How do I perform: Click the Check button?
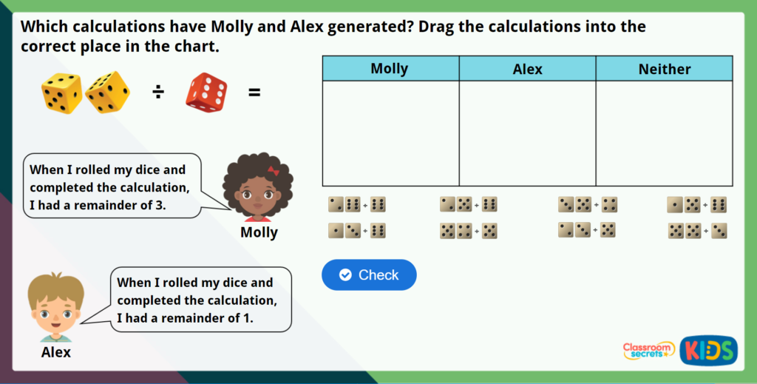[369, 275]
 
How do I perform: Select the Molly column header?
[390, 69]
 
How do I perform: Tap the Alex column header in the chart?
[527, 69]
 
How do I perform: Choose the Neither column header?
[664, 69]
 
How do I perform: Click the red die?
[206, 92]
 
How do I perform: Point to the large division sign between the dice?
[158, 92]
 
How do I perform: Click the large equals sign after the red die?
[254, 92]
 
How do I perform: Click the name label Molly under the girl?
[259, 232]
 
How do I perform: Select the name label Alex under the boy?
[56, 352]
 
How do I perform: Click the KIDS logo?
[708, 350]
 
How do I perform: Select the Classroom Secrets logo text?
[648, 350]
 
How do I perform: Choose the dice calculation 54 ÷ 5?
[468, 230]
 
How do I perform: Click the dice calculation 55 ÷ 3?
[697, 230]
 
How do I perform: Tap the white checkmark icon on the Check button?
[344, 275]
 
